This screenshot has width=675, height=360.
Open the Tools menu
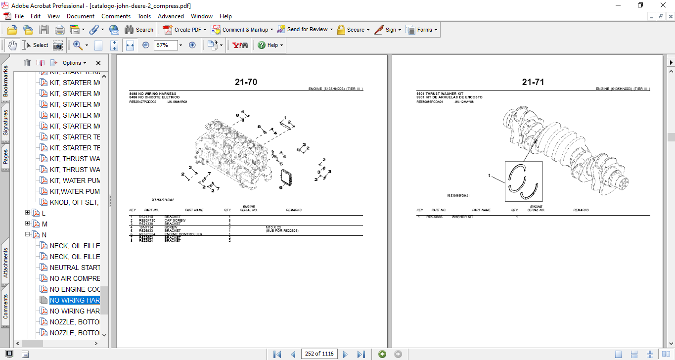tap(144, 16)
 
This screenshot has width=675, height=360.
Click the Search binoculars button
tap(139, 30)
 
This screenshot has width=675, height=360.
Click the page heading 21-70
tap(246, 83)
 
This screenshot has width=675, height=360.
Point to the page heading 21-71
tap(533, 83)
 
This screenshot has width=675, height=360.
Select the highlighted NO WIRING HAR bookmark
tap(74, 300)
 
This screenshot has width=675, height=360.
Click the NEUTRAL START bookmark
tap(74, 268)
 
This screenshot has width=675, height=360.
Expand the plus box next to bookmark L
tap(28, 213)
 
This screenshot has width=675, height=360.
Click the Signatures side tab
tap(5, 123)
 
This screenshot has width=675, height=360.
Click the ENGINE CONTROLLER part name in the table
tap(183, 234)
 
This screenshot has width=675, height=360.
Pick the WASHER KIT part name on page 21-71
tap(462, 217)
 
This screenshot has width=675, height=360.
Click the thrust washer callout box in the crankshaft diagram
tap(524, 181)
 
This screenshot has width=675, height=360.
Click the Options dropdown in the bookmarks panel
tap(74, 63)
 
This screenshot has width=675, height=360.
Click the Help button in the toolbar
tap(270, 45)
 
